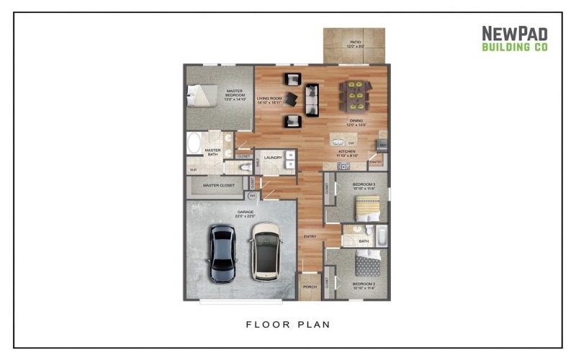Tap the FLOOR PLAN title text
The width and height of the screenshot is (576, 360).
[288, 324]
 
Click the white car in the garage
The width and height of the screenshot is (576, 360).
[266, 251]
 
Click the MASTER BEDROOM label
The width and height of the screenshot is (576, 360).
[235, 94]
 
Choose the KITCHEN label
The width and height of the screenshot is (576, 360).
[348, 153]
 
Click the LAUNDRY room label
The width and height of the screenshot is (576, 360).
[272, 157]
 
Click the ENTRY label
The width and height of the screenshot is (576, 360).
[310, 235]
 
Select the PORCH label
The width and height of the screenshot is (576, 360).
[310, 287]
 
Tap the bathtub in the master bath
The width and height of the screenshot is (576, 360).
[194, 143]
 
